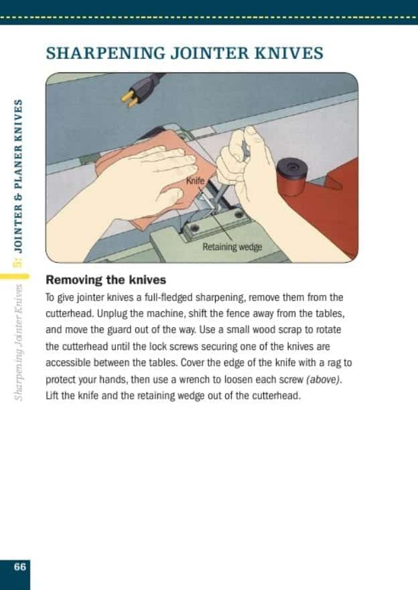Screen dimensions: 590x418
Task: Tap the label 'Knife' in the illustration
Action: [194, 180]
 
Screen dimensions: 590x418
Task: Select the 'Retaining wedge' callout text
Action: [232, 247]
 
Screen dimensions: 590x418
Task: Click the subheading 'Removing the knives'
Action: [106, 280]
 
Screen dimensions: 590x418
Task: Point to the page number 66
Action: [19, 567]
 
